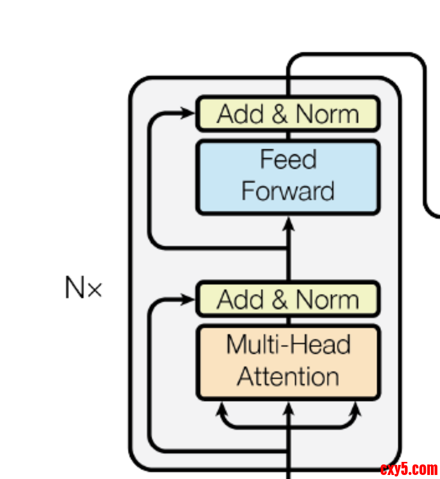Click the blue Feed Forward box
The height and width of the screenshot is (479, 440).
(x=287, y=178)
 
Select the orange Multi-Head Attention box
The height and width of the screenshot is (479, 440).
(x=287, y=362)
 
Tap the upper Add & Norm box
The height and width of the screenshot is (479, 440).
(x=287, y=114)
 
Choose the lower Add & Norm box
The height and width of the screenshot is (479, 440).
(x=287, y=299)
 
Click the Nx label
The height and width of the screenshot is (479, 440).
(x=83, y=288)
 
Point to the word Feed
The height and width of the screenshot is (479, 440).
(x=288, y=160)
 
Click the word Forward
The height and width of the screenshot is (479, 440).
(x=287, y=192)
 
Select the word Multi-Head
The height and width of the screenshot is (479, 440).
(x=288, y=345)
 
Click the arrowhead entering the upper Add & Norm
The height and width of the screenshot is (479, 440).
(x=188, y=113)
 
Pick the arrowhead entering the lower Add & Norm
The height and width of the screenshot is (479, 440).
(x=188, y=300)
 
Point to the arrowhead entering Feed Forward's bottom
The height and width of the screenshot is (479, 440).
(x=288, y=223)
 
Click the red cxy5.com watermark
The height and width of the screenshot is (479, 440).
(x=409, y=469)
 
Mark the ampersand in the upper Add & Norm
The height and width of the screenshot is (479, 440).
(x=280, y=114)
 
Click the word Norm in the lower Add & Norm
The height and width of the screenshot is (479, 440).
(x=327, y=300)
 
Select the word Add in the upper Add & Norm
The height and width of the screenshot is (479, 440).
(x=241, y=114)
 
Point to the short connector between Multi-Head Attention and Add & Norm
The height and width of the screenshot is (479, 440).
(x=288, y=321)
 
